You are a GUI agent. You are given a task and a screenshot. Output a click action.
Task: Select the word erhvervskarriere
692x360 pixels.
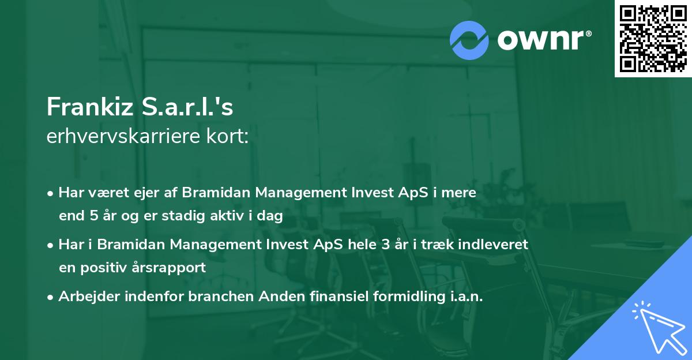click(x=125, y=137)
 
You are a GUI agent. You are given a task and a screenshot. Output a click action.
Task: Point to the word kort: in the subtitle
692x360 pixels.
click(x=228, y=137)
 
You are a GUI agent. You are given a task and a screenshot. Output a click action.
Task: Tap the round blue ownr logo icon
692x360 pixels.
click(x=469, y=40)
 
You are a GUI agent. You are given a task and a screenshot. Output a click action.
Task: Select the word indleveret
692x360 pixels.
click(x=495, y=245)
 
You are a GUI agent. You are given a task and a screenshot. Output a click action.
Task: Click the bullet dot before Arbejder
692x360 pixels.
click(x=51, y=297)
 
